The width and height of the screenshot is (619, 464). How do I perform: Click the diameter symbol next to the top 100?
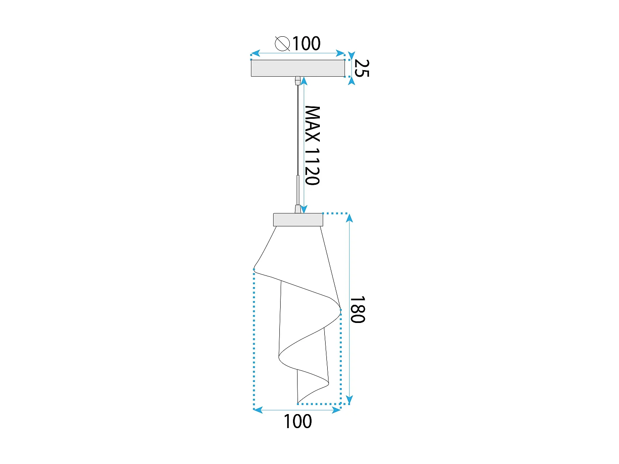point(282,43)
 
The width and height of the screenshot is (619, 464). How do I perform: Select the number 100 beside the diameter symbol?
point(306,43)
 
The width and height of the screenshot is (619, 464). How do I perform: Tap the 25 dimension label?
point(361,68)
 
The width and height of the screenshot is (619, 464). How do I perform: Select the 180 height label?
point(357,309)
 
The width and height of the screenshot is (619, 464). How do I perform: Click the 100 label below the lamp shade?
point(298,422)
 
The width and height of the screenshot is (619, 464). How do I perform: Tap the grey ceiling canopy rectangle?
point(298,68)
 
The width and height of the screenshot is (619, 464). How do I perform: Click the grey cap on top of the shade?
point(298,220)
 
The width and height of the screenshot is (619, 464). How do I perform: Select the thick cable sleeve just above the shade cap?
point(298,188)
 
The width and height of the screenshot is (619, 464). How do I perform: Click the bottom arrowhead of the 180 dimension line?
point(350,400)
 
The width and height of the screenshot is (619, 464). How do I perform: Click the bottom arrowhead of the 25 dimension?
point(351,81)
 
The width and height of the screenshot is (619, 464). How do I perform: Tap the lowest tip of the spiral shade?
point(298,403)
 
